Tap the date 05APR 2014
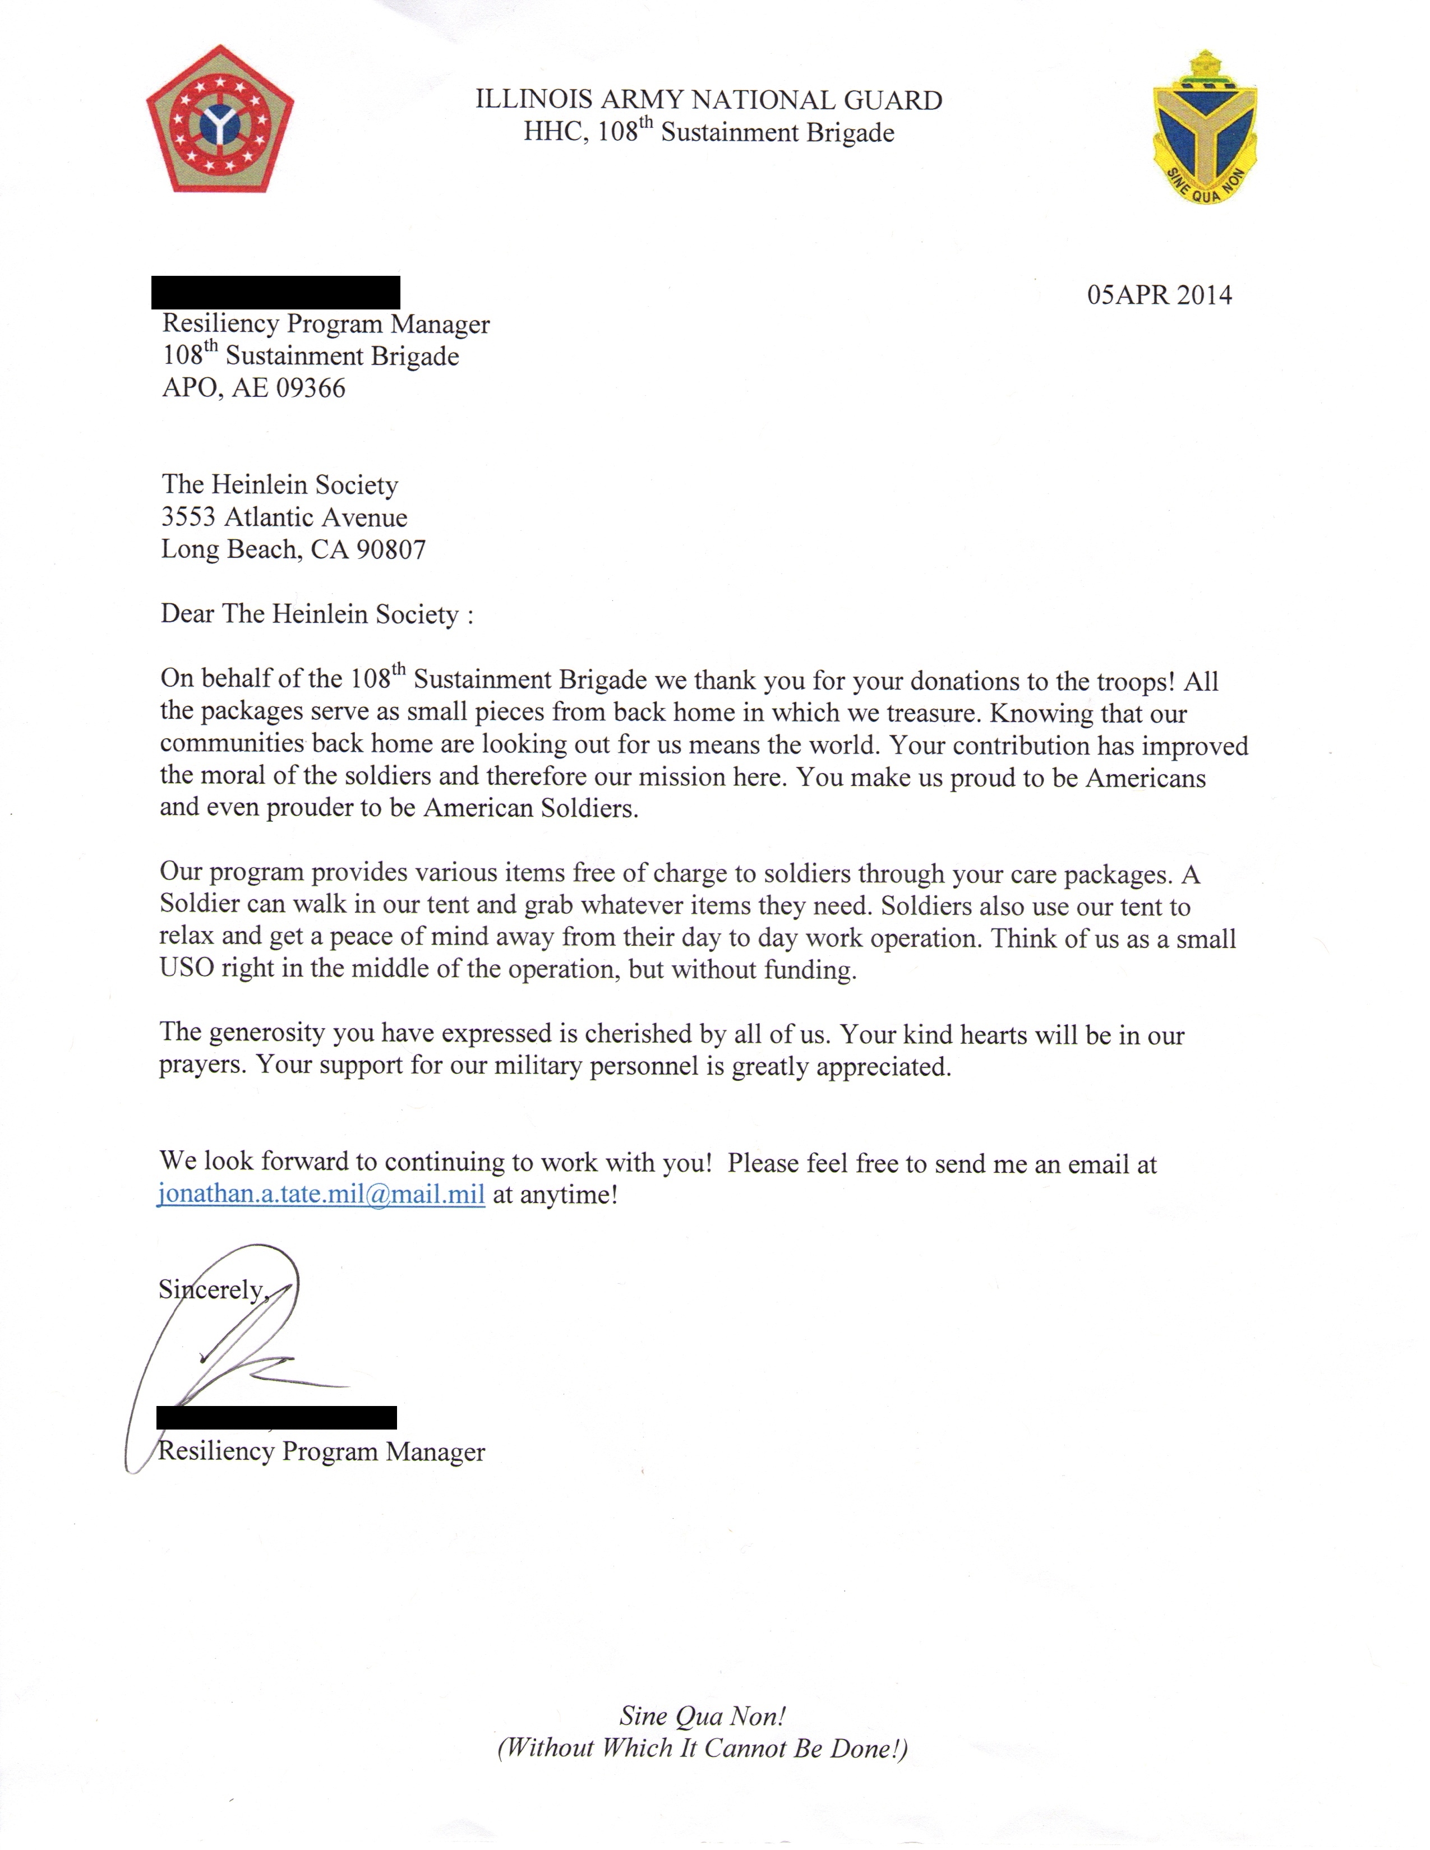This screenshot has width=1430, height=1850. pyautogui.click(x=1159, y=295)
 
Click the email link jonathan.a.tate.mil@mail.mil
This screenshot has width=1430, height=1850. pyautogui.click(x=321, y=1194)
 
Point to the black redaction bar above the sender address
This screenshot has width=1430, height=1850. pyautogui.click(x=275, y=292)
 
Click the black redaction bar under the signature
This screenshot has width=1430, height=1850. pyautogui.click(x=276, y=1417)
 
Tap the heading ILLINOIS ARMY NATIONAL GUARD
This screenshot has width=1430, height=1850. pyautogui.click(x=708, y=100)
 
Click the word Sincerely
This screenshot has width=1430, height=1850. pyautogui.click(x=212, y=1289)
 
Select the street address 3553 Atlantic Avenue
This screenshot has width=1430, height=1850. pyautogui.click(x=284, y=517)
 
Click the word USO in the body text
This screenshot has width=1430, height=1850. pyautogui.click(x=186, y=968)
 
